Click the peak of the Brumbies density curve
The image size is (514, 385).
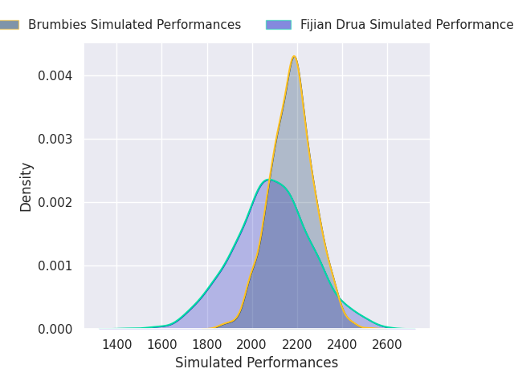295,56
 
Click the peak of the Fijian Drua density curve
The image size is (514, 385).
269,180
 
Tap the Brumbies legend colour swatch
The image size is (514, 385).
9,25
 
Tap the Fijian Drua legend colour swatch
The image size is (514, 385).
279,25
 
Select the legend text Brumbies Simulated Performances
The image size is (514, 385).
134,25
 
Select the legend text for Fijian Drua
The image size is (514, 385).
406,25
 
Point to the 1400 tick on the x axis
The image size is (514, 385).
117,345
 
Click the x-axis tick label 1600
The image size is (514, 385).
162,345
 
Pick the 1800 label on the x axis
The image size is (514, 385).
207,345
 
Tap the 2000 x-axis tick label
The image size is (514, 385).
252,345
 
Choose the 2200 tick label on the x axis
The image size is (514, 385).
297,345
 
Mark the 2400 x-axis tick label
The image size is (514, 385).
342,345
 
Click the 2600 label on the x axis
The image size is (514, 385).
387,345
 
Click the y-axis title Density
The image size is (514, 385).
27,186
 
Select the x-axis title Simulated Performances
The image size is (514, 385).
257,363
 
